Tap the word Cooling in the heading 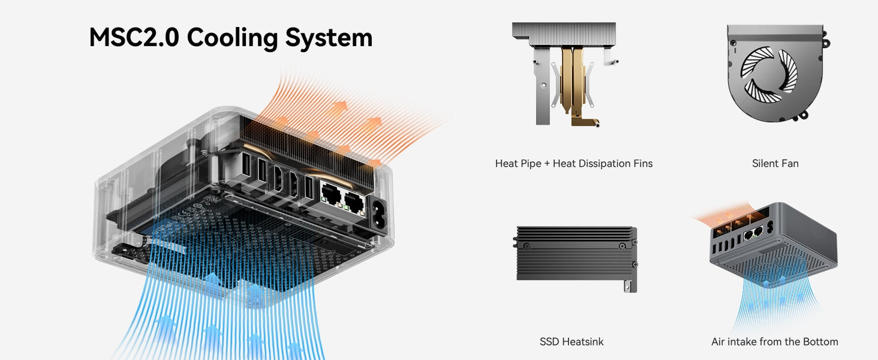pos(231,38)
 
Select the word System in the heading pos(329,38)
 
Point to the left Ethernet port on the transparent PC pos(330,193)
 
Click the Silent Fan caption pos(775,163)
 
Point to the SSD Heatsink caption pos(572,342)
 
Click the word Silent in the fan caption pos(763,163)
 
